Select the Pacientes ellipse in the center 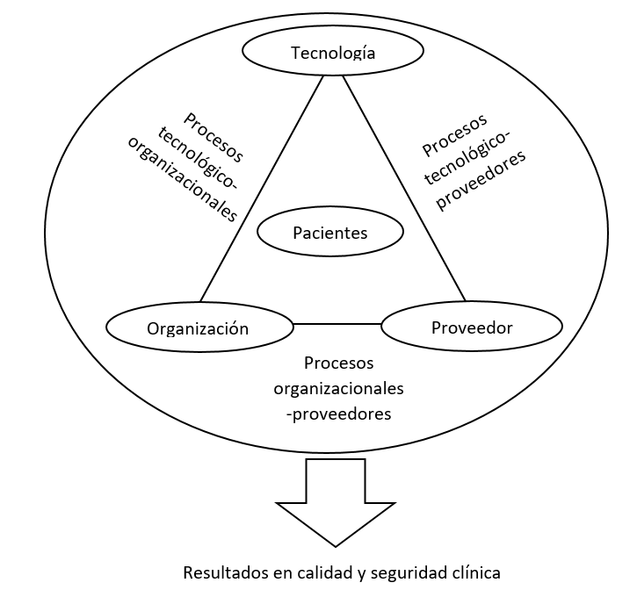tap(317, 233)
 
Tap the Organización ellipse tap(198, 328)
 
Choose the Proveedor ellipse tap(472, 327)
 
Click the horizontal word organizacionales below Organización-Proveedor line tap(338, 387)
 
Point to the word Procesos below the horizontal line tap(338, 363)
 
